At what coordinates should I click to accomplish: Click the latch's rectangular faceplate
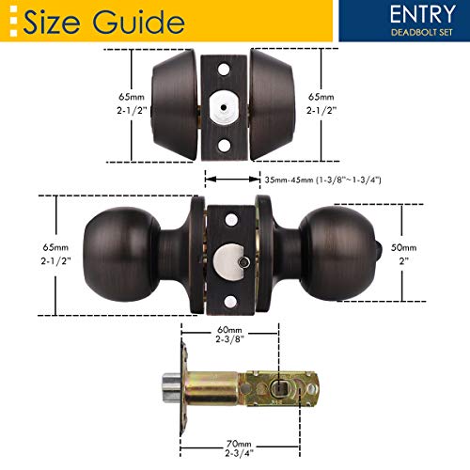coord(186,385)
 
